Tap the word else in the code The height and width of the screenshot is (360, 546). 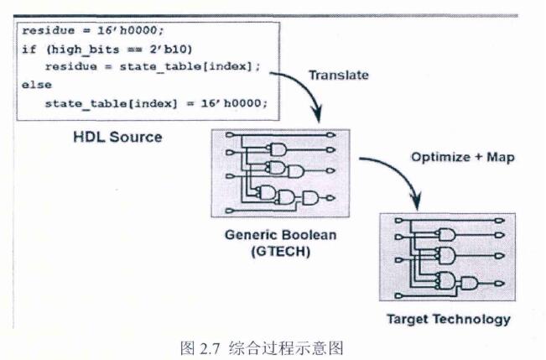[x=37, y=85]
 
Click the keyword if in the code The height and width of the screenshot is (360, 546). [x=29, y=49]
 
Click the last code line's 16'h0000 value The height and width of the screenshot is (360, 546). [x=237, y=103]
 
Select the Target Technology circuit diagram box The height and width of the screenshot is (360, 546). [x=446, y=258]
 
